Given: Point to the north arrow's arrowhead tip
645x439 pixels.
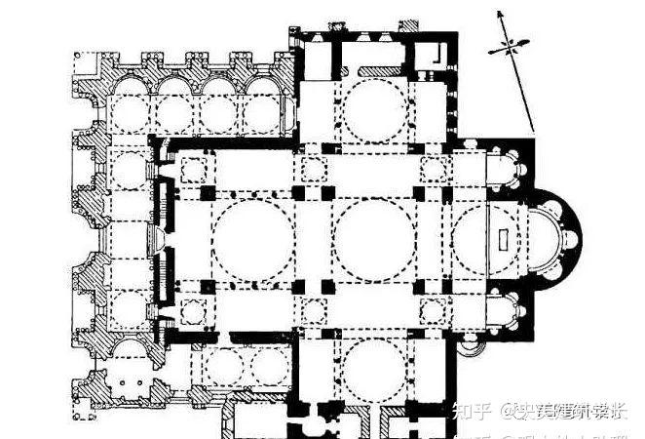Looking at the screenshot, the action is (x=499, y=12).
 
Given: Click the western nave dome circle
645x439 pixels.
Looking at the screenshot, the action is (x=250, y=239).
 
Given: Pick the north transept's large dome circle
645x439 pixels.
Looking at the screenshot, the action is (x=372, y=107).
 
